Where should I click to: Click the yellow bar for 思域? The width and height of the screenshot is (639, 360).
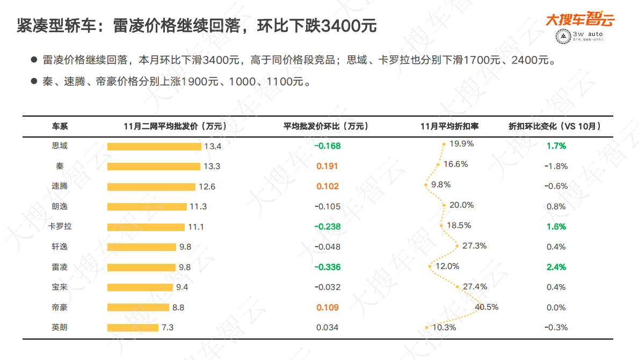coord(154,146)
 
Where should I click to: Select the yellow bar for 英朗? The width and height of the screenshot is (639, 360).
coord(133,328)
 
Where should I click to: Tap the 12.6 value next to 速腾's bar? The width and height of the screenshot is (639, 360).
coord(207,186)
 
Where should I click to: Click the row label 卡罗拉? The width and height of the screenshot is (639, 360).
coord(60,227)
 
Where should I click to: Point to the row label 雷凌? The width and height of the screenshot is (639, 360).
coord(60,267)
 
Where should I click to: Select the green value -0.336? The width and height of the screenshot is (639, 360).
coord(328,267)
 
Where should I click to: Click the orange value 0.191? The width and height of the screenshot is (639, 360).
coord(328,166)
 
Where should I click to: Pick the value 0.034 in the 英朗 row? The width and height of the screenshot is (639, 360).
coord(328,328)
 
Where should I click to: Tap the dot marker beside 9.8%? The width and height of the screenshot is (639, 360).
coord(425,185)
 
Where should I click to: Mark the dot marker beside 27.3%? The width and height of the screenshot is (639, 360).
coord(457,247)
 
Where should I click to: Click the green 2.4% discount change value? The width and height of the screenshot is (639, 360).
coord(556,267)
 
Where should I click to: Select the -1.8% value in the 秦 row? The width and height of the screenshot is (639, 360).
coord(556,166)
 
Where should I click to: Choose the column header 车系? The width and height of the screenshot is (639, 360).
coord(60,126)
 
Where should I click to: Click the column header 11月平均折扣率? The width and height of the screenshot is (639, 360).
coord(449,126)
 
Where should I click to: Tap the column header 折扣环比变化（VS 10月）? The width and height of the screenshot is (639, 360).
coord(555,126)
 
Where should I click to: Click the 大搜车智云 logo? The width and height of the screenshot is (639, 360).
coord(580,20)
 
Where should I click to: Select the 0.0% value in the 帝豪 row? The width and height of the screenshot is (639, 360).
coord(556,307)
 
